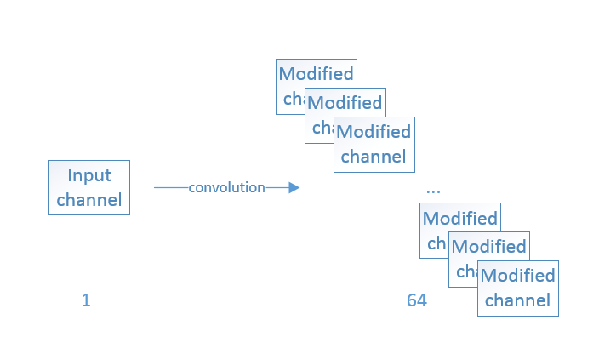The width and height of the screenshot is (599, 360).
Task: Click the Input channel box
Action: tap(89, 187)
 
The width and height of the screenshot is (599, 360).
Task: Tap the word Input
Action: tap(89, 175)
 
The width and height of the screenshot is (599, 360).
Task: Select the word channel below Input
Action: tap(89, 201)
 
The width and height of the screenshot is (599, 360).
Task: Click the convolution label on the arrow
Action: tap(226, 187)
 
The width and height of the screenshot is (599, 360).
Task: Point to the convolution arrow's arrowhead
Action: tap(294, 187)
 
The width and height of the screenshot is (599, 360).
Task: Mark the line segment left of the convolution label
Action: tap(170, 187)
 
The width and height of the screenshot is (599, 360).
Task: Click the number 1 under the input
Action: tap(86, 300)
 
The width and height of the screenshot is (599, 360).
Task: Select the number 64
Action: tap(416, 300)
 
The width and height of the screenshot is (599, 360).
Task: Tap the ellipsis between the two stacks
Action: tap(433, 188)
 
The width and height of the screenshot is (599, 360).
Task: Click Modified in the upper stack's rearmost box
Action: tap(316, 74)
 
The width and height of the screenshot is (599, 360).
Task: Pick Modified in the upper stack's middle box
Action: tap(345, 103)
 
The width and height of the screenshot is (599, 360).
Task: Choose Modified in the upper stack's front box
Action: tap(374, 132)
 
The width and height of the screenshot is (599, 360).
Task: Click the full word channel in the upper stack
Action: tap(374, 157)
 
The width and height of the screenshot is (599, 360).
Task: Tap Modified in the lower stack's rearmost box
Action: tap(459, 218)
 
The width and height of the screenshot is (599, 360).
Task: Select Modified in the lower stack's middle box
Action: tap(488, 247)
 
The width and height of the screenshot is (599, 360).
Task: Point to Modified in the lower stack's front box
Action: tap(517, 276)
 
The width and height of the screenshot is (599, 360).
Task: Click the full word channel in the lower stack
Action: tap(517, 300)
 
